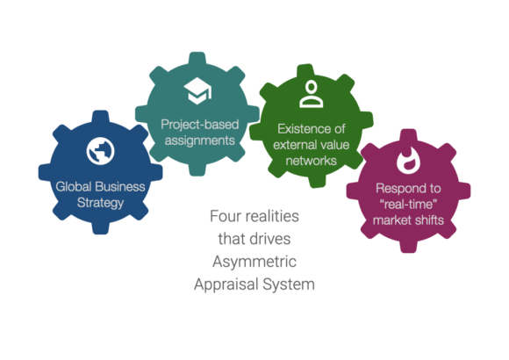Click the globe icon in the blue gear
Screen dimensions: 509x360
click(100, 151)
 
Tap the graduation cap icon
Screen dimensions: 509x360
click(197, 90)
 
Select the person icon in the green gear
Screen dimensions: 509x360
click(312, 94)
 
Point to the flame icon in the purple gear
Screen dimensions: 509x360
click(408, 160)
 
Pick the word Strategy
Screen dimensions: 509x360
click(100, 203)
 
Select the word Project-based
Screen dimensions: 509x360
click(199, 125)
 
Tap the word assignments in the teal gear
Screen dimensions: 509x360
click(199, 140)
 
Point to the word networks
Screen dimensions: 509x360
click(311, 161)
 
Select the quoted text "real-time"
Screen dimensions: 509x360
click(408, 205)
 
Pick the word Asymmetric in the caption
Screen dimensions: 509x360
click(254, 262)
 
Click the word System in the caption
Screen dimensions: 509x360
click(289, 284)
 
